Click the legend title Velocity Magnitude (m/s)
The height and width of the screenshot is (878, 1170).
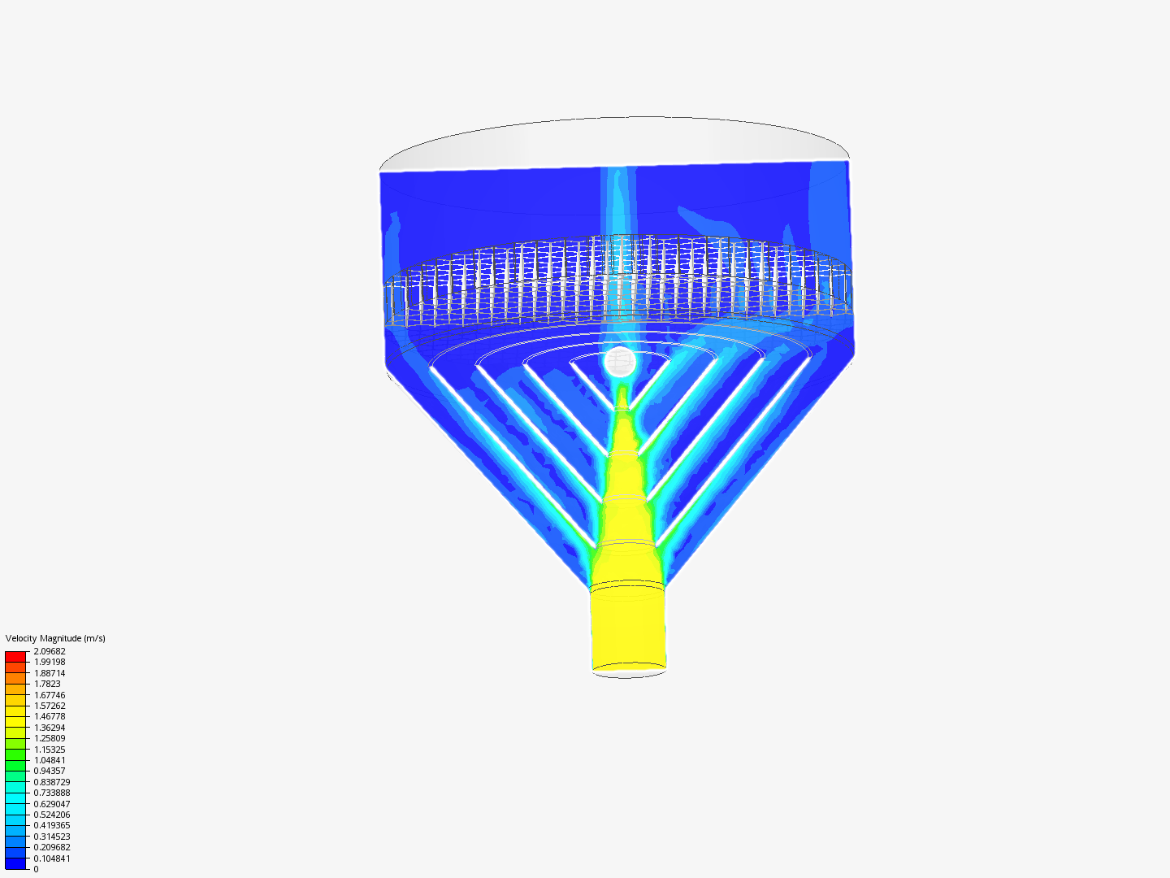point(55,638)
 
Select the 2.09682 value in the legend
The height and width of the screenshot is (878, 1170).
point(50,651)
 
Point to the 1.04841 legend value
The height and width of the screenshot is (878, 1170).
point(50,760)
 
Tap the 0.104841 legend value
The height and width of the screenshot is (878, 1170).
point(52,858)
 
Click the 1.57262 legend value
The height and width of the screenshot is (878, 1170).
point(50,706)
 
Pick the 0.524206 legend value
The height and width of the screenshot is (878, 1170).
point(52,815)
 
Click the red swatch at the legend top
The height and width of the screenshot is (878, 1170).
point(15,656)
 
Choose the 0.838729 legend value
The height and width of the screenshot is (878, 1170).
point(52,782)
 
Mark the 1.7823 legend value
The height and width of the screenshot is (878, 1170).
point(47,684)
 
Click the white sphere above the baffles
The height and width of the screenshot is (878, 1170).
point(620,362)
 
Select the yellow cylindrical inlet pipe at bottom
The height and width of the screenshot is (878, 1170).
point(628,626)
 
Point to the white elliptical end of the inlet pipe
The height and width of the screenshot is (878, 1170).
point(629,672)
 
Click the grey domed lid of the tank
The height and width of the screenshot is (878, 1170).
point(614,142)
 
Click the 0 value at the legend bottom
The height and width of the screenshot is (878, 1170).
point(36,869)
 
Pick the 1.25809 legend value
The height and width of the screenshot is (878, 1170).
point(50,738)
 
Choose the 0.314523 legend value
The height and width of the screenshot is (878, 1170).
point(52,837)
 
